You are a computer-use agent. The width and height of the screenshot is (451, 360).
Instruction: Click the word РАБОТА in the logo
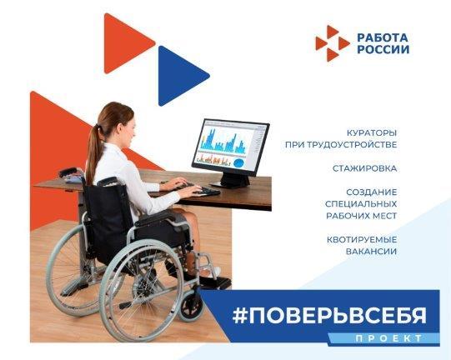(383, 37)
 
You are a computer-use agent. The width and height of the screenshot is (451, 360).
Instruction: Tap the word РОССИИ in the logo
(383, 49)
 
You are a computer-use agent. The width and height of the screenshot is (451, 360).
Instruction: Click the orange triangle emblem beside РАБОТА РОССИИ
(333, 43)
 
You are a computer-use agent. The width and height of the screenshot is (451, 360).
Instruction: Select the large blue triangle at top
(181, 76)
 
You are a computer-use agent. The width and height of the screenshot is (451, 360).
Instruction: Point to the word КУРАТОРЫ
(372, 133)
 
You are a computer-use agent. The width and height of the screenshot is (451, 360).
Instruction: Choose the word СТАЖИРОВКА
(364, 168)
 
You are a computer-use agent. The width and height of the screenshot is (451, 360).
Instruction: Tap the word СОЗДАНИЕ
(371, 192)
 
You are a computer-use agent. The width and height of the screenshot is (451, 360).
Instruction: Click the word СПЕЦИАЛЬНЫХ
(361, 204)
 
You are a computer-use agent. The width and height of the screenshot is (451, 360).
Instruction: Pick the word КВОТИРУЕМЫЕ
(362, 239)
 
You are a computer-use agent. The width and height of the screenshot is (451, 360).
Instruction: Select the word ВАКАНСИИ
(371, 252)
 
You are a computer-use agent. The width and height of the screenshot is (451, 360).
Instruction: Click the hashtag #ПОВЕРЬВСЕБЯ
(329, 316)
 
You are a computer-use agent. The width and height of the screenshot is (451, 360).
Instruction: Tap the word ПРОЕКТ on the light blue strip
(388, 338)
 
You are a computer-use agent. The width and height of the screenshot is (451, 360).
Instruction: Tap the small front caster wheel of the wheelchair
(190, 304)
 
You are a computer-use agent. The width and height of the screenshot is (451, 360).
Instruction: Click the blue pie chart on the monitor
(238, 163)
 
